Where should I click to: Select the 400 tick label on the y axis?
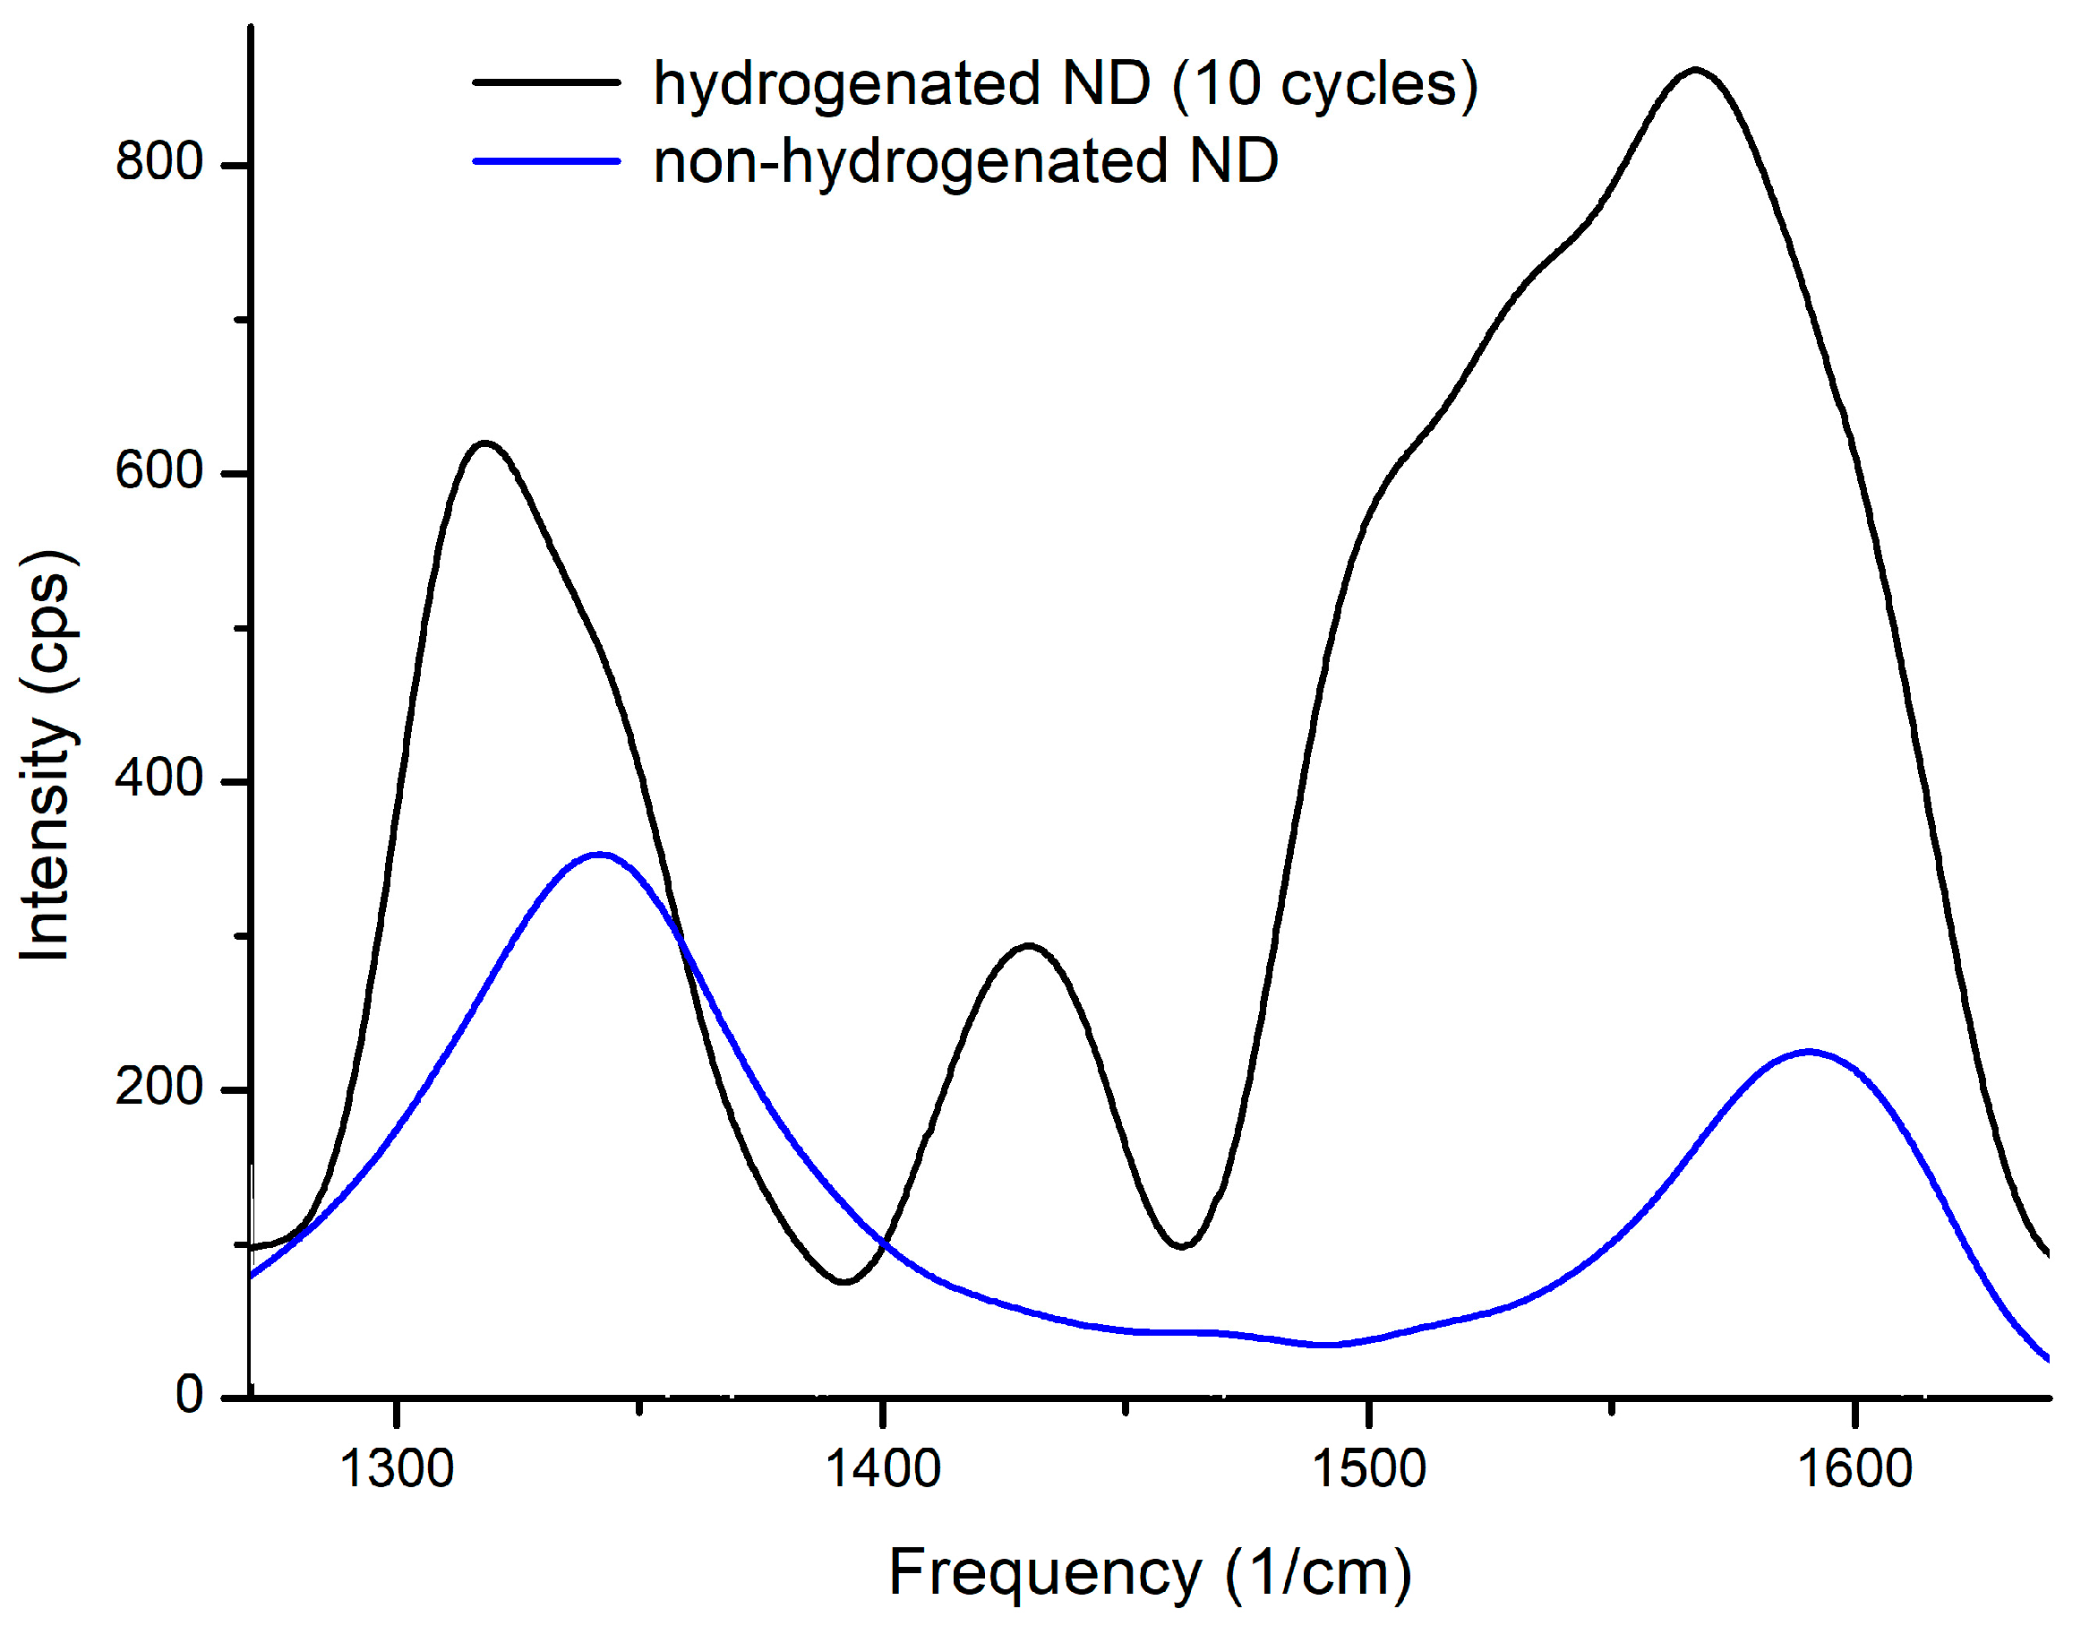click(159, 779)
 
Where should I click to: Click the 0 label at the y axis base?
click(190, 1394)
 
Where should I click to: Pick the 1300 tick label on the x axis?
click(397, 1467)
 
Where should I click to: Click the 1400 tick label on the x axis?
click(883, 1467)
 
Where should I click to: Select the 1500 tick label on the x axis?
click(1369, 1467)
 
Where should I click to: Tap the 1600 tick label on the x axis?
click(1855, 1467)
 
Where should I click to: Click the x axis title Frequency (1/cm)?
click(1150, 1572)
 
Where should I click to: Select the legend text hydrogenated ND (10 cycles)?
click(1066, 84)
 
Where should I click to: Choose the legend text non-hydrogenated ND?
click(965, 161)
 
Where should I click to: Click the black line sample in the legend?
click(547, 83)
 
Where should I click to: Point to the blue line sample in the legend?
click(547, 161)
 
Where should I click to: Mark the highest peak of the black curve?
click(1695, 70)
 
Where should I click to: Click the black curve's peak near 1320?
click(486, 443)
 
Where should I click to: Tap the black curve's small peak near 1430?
click(1028, 945)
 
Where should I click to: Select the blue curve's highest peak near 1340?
click(598, 854)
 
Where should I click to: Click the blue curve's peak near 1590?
click(1808, 1053)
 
